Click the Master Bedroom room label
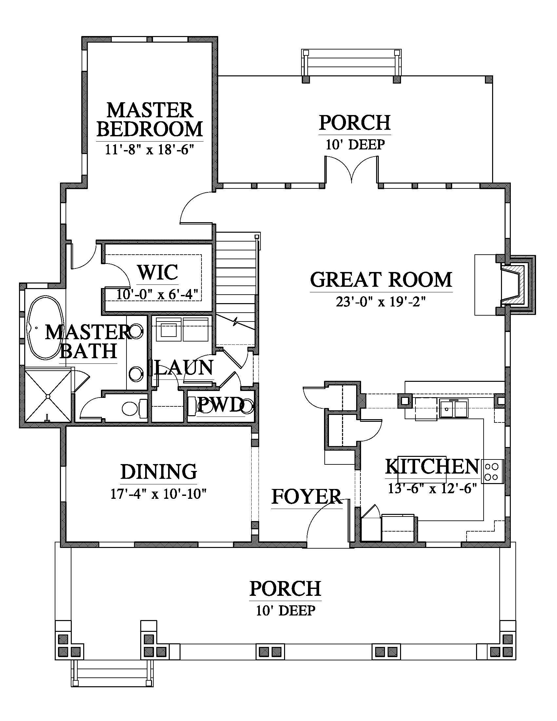pyautogui.click(x=149, y=120)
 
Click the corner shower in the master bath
pyautogui.click(x=48, y=396)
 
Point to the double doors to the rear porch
pyautogui.click(x=352, y=169)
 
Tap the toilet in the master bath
pyautogui.click(x=134, y=408)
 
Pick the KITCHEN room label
pyautogui.click(x=432, y=466)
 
